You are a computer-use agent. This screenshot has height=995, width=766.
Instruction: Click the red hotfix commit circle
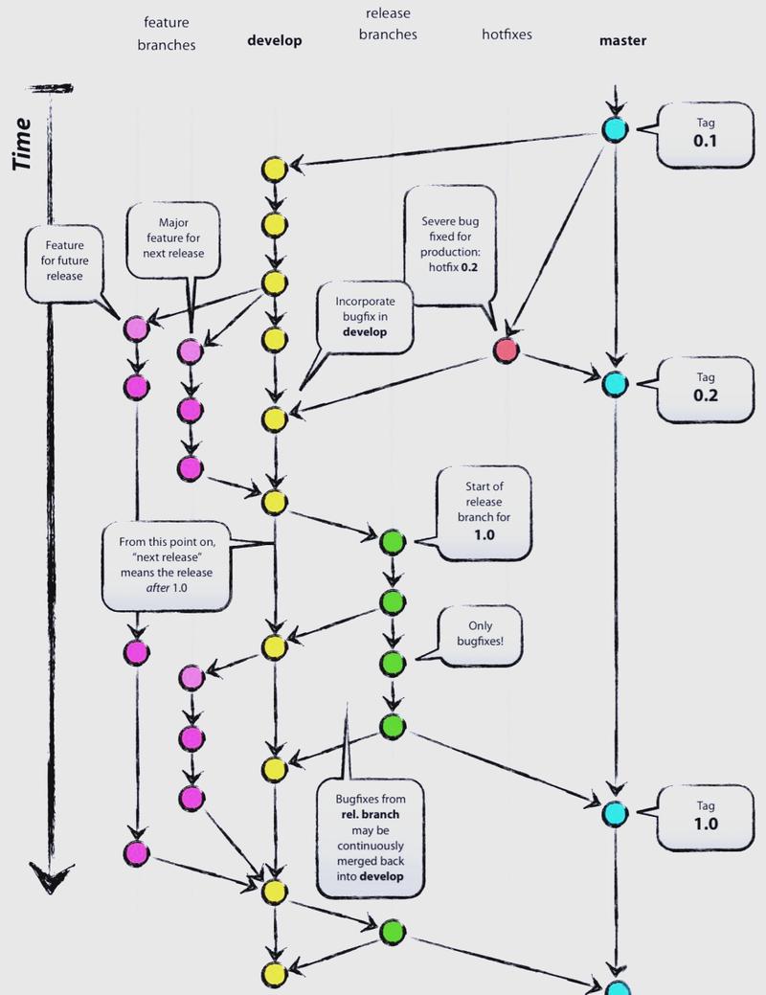click(x=507, y=351)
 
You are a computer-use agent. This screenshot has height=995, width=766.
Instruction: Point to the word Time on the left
click(x=26, y=144)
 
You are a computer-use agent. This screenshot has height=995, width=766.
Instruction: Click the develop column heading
click(x=274, y=40)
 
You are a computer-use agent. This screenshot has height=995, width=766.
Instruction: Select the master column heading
click(x=622, y=40)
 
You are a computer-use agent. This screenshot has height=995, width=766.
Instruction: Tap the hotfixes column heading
click(x=507, y=34)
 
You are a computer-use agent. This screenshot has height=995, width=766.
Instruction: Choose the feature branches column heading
click(x=169, y=33)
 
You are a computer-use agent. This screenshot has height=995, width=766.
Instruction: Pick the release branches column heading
click(x=388, y=24)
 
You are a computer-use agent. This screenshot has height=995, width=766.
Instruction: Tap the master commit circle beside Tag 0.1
click(x=615, y=129)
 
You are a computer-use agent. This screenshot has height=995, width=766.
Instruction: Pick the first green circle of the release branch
click(x=392, y=541)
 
